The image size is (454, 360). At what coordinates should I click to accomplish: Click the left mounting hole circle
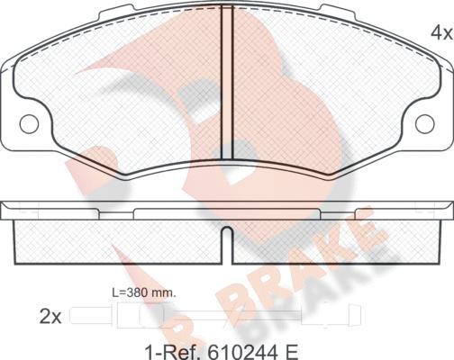tap(29, 124)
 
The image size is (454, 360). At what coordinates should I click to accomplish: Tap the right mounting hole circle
tap(425, 124)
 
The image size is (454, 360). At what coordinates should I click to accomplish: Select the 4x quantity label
tap(441, 32)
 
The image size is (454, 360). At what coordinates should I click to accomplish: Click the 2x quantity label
tap(50, 318)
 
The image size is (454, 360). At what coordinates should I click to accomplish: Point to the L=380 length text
tap(131, 292)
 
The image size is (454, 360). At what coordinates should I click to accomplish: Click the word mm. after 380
tap(164, 292)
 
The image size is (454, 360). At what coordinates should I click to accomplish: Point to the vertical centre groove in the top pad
tap(227, 83)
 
